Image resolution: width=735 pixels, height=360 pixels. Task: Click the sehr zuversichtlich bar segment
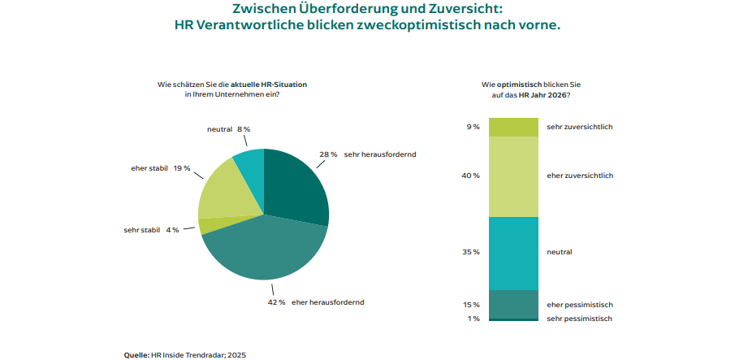513,127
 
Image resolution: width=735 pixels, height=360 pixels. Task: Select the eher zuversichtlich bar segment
513,176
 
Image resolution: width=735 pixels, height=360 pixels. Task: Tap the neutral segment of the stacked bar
513,253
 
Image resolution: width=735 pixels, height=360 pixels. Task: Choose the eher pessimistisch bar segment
513,304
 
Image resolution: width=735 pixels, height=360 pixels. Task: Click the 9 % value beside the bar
472,127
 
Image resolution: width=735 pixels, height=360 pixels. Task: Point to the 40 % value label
470,176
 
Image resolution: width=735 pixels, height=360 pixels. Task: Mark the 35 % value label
470,252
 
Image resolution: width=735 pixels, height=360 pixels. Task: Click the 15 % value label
470,305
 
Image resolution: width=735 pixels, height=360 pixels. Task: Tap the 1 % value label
473,319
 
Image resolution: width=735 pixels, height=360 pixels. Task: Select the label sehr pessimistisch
579,319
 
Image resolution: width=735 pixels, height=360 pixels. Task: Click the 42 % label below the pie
276,302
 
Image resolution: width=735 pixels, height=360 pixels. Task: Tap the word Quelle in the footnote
136,354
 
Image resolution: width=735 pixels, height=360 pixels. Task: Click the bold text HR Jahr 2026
543,96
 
